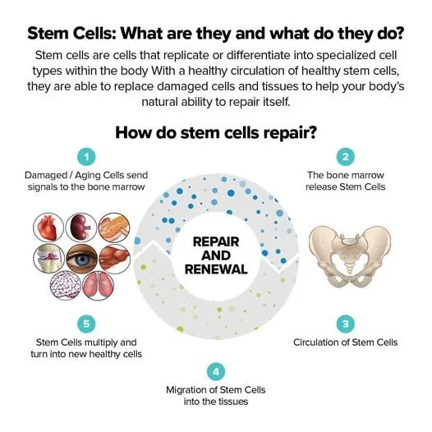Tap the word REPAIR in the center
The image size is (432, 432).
point(216,242)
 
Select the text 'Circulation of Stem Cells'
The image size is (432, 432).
point(346,342)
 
